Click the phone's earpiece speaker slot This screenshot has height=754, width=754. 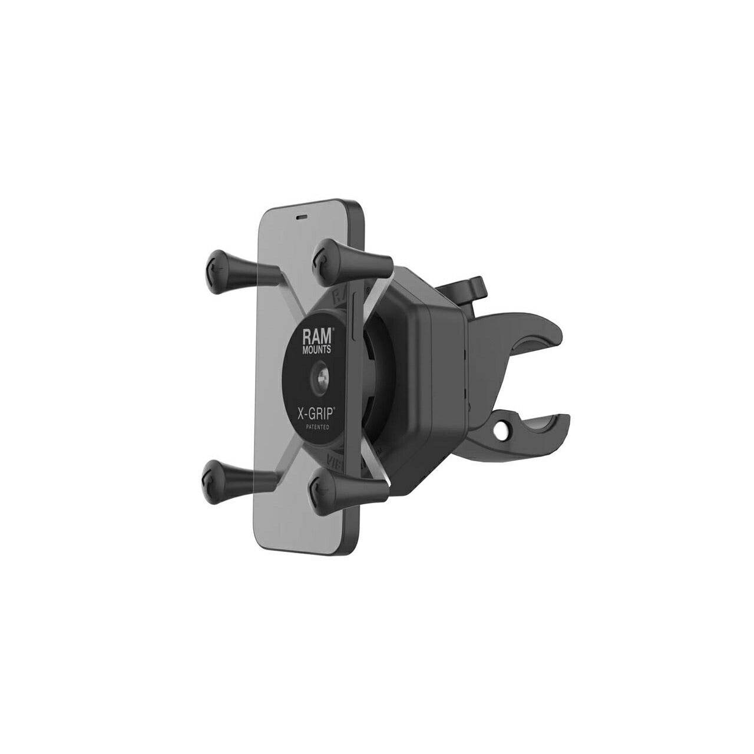coord(302,216)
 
